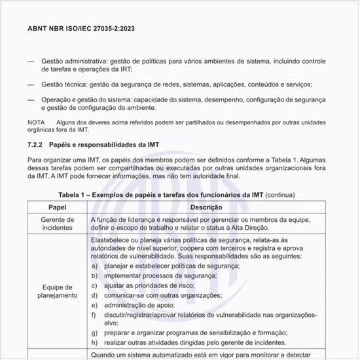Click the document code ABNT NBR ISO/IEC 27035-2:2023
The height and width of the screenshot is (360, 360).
(81, 29)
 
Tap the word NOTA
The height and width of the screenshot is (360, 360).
(37, 122)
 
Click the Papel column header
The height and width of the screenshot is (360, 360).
(58, 207)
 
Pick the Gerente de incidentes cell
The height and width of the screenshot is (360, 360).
(58, 223)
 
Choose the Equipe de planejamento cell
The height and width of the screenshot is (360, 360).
(58, 291)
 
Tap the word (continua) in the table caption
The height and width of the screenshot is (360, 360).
(280, 194)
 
